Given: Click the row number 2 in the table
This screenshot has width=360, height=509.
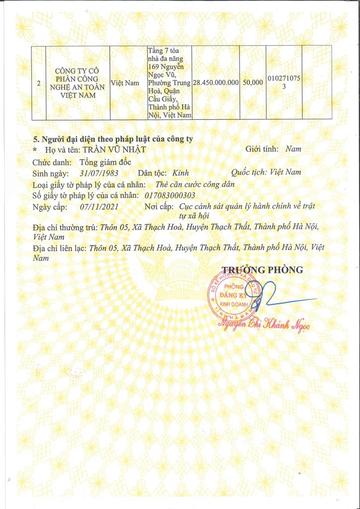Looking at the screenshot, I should pyautogui.click(x=38, y=83).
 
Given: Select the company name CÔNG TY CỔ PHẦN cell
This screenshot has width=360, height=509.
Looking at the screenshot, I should pyautogui.click(x=77, y=83).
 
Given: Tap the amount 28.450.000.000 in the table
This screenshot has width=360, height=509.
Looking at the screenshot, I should pyautogui.click(x=215, y=83).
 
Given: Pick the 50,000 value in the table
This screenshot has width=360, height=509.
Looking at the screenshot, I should pyautogui.click(x=253, y=83).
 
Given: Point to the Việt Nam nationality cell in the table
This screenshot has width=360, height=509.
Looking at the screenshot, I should pyautogui.click(x=125, y=83).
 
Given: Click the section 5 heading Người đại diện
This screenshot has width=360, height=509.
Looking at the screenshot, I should pyautogui.click(x=113, y=139).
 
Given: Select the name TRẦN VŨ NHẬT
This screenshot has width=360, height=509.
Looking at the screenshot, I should pyautogui.click(x=115, y=149).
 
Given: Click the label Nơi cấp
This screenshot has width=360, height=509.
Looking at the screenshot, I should pyautogui.click(x=159, y=206).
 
